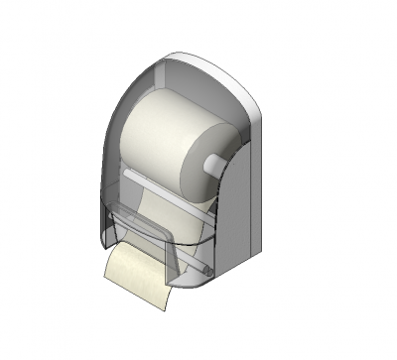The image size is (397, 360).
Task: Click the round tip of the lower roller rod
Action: coord(206,269)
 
